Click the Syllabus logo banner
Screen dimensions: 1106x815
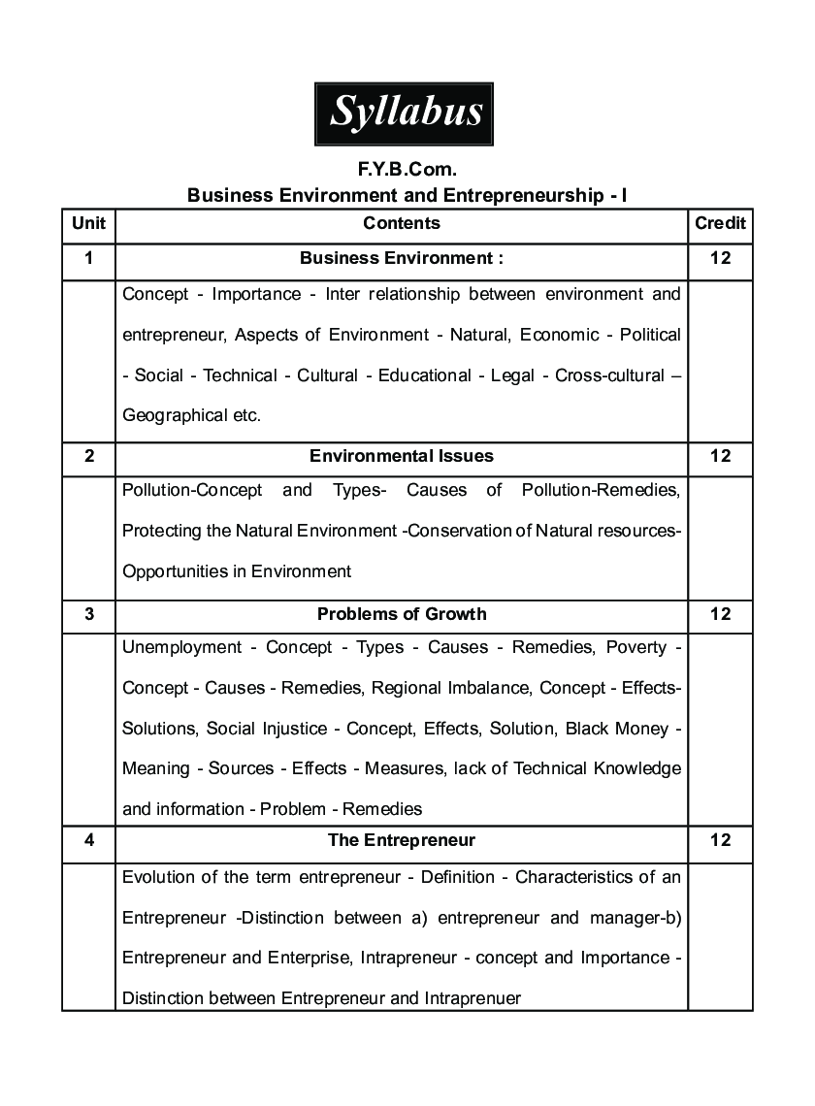coord(407,114)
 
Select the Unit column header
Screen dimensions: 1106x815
coord(88,223)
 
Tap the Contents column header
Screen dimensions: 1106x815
coord(402,223)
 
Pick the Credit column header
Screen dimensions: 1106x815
coord(720,223)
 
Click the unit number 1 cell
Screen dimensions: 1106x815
coord(88,259)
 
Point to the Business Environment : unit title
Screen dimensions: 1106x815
coord(402,259)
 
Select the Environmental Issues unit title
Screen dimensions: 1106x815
coord(402,456)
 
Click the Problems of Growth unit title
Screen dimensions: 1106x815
coord(402,614)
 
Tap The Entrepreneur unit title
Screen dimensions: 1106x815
coord(402,840)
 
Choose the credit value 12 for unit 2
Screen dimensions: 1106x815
coord(720,456)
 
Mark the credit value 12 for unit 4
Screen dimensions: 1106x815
coord(720,840)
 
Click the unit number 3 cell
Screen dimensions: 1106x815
coord(88,614)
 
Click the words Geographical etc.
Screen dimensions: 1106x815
coord(191,415)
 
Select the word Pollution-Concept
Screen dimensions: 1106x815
coord(192,490)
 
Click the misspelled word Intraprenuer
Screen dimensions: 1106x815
coord(473,997)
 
